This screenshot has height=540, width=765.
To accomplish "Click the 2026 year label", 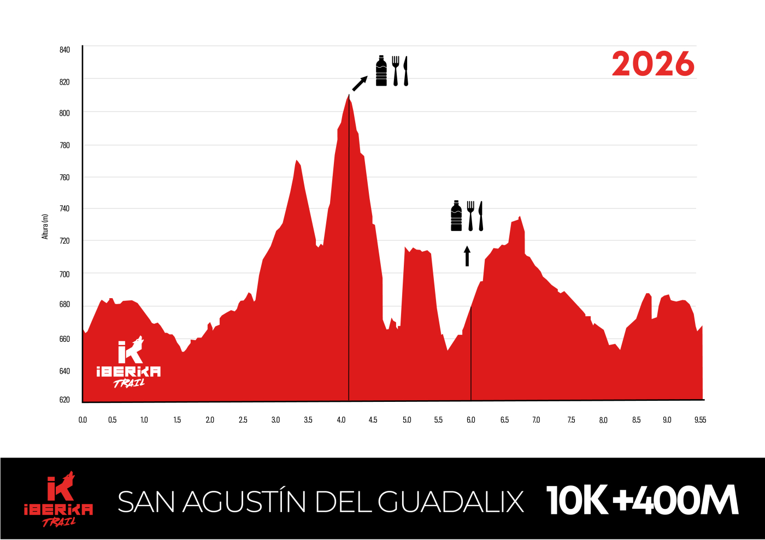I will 653,64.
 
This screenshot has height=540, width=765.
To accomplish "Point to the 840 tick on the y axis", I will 64,50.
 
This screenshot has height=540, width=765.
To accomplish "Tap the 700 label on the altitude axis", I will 64,274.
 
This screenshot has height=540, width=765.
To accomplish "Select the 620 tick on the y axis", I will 64,400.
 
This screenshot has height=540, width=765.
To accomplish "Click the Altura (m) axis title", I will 45,226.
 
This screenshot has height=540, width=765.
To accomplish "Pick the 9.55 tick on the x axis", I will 700,420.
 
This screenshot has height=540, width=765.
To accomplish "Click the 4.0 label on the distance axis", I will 342,420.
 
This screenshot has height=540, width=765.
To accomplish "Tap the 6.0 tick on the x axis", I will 470,420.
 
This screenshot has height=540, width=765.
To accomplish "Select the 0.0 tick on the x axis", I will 83,420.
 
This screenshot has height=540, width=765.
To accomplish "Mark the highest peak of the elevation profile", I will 349,96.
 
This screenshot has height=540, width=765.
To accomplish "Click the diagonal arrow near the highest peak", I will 360,84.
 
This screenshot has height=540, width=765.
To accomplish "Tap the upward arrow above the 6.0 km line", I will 467,256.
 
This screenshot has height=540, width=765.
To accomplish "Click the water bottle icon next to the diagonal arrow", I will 381,71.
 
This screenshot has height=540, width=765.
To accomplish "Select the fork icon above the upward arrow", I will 470,216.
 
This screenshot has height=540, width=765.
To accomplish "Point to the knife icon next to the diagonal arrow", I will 405,71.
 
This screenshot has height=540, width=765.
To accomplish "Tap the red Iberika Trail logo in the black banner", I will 58,499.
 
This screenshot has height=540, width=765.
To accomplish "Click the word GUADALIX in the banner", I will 451,501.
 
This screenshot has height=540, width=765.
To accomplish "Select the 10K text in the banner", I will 577,500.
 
